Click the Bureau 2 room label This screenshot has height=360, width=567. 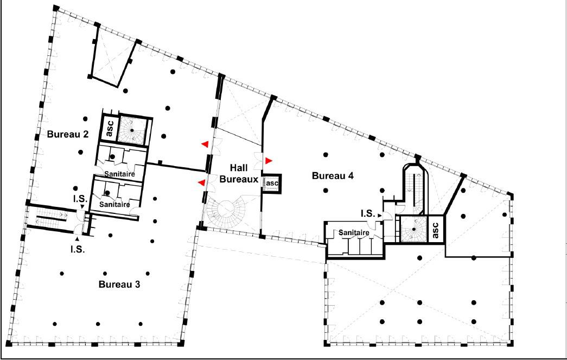click(x=68, y=134)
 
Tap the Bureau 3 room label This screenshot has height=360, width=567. click(x=119, y=285)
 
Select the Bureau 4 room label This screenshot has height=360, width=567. click(x=333, y=176)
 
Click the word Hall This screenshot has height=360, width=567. click(x=239, y=168)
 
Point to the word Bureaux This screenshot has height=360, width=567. click(x=239, y=179)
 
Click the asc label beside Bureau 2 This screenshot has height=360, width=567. click(x=110, y=128)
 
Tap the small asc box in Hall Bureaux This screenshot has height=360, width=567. click(x=272, y=184)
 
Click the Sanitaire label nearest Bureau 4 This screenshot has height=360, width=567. click(x=354, y=232)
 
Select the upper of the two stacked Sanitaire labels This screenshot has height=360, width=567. click(x=120, y=174)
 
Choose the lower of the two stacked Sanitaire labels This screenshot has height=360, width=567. click(x=114, y=204)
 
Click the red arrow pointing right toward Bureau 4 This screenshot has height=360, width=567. click(x=269, y=161)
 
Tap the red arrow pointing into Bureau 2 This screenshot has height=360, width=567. click(x=205, y=144)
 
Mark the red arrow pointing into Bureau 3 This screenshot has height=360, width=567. click(x=202, y=183)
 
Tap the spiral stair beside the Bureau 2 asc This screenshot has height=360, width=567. click(x=132, y=130)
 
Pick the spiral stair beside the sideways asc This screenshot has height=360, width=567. click(x=413, y=229)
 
